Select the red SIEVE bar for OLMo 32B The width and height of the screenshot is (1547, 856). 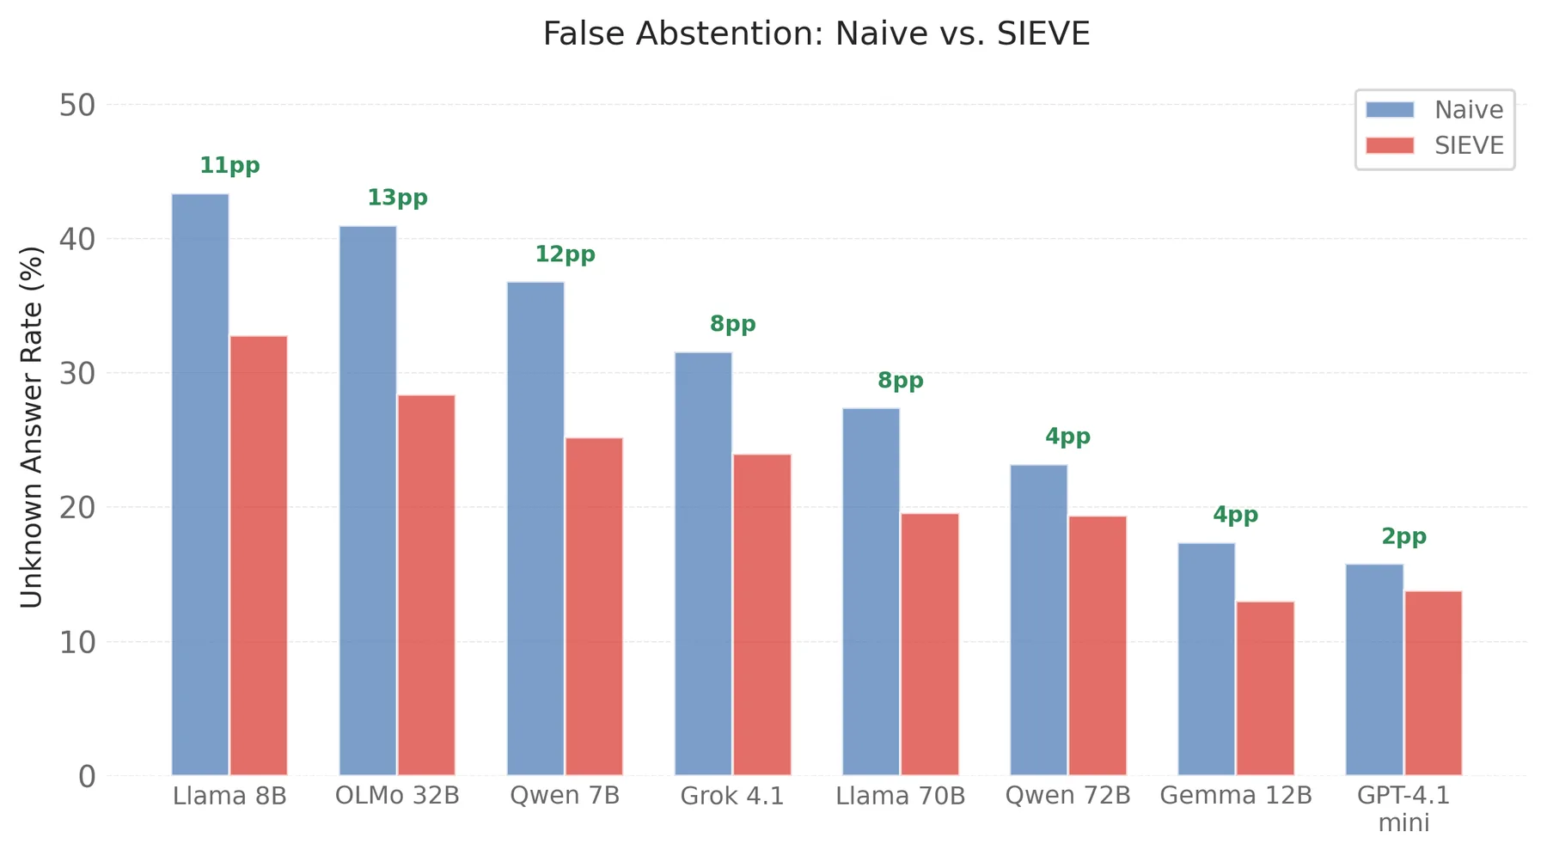click(x=426, y=584)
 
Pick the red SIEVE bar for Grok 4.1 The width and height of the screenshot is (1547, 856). click(x=761, y=614)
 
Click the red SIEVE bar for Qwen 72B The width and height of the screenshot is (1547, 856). click(x=1097, y=645)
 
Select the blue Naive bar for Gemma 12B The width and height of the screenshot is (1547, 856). click(x=1206, y=658)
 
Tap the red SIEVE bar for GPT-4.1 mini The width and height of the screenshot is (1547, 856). click(x=1433, y=682)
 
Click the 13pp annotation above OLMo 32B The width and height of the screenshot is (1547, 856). click(x=397, y=199)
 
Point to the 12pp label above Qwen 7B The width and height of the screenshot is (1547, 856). click(x=565, y=254)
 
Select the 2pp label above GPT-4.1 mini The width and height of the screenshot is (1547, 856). click(x=1403, y=537)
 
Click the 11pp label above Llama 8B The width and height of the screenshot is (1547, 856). click(x=229, y=166)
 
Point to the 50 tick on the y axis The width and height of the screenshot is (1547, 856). click(x=76, y=106)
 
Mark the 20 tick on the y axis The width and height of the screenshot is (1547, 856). click(x=76, y=508)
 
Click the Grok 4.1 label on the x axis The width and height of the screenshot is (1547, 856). click(x=732, y=796)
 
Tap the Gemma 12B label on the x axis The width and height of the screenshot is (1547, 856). click(x=1235, y=796)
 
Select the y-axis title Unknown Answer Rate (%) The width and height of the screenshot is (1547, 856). click(x=32, y=427)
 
